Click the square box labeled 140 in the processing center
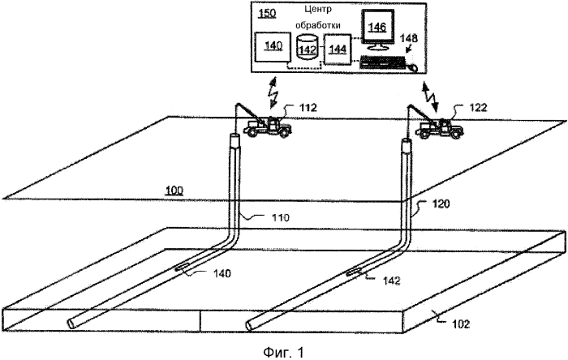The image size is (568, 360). click(272, 48)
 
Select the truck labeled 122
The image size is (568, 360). click(438, 128)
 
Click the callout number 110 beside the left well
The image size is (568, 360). click(278, 217)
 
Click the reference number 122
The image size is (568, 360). click(467, 106)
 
